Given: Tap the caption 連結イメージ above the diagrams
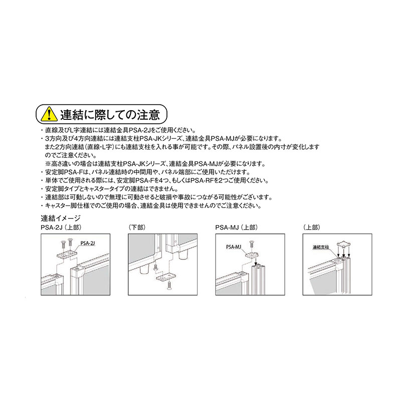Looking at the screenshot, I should [x=60, y=219].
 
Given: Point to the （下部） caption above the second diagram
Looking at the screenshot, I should [x=137, y=228].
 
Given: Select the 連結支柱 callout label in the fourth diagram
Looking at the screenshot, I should [x=321, y=247].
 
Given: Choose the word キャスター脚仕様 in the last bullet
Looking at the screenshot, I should [x=64, y=206].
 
